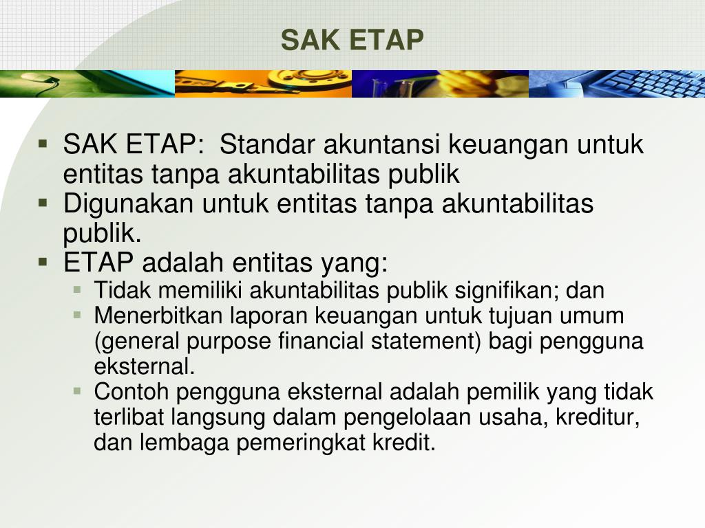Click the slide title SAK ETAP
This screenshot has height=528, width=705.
click(x=352, y=41)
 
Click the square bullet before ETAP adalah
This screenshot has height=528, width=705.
click(x=43, y=262)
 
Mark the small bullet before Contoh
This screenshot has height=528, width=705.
click(x=77, y=391)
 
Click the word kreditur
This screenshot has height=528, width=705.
click(x=599, y=418)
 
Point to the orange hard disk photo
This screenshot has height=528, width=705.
click(x=263, y=84)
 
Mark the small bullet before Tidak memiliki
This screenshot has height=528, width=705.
click(x=77, y=289)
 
